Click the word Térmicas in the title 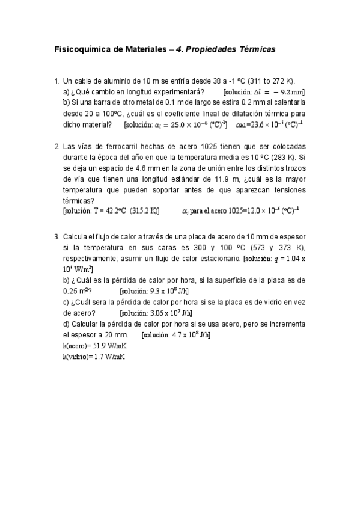click(256, 50)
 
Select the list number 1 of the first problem click(56, 81)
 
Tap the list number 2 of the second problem click(56, 147)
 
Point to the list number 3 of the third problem click(56, 236)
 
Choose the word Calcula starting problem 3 click(76, 236)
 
